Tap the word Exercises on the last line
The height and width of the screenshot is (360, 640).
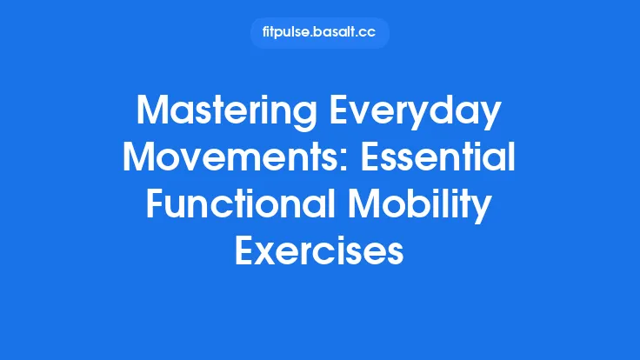[x=320, y=251]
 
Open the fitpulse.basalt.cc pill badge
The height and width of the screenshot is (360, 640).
[x=320, y=33]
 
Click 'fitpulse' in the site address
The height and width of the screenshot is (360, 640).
[x=286, y=33]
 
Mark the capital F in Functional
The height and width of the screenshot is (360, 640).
[x=154, y=206]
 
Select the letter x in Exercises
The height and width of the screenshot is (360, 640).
[x=264, y=253]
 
